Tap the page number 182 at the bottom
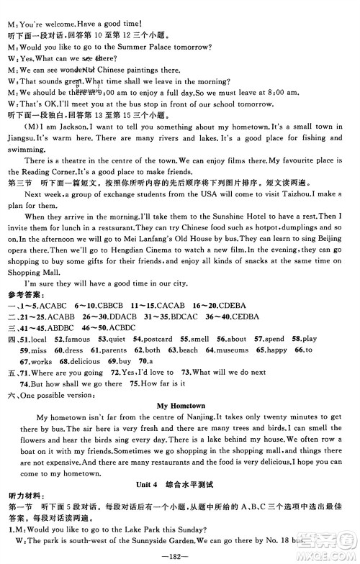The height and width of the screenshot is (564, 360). click(x=180, y=556)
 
